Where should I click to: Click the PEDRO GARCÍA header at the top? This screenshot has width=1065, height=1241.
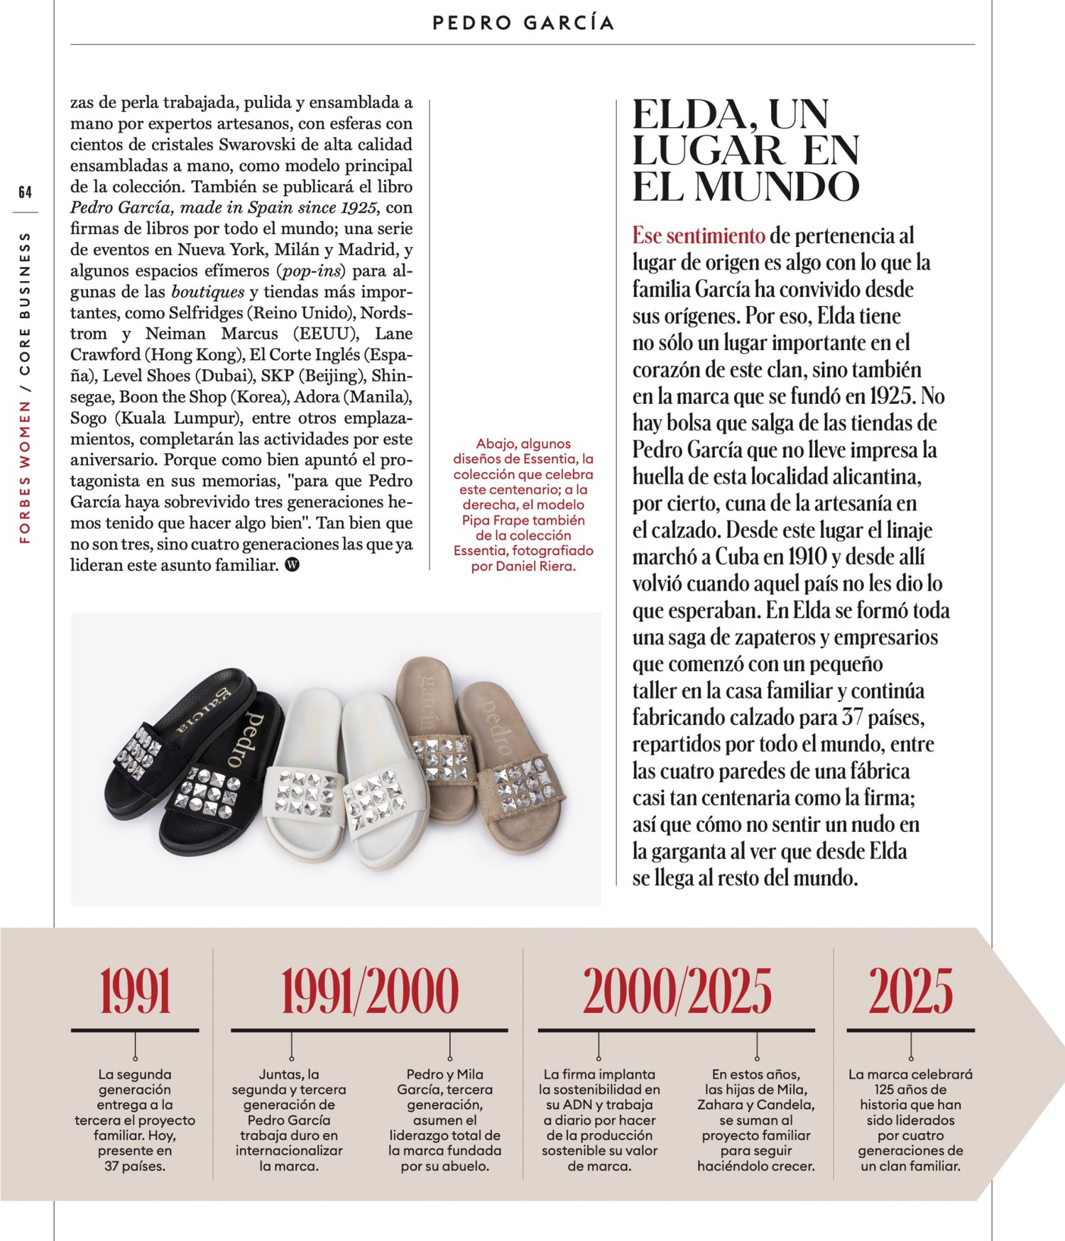523,23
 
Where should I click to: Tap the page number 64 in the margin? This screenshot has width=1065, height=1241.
26,192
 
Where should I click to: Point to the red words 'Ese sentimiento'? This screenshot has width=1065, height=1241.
699,235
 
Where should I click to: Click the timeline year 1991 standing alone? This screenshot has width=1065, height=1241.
135,991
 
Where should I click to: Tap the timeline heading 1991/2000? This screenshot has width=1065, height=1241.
369,991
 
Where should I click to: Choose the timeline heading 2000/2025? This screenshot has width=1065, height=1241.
677,991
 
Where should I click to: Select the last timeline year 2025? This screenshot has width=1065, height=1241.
910,991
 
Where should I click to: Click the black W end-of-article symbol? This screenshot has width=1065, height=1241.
292,565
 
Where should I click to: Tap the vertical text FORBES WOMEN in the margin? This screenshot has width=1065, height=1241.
26,471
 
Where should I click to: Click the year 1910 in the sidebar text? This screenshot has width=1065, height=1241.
807,557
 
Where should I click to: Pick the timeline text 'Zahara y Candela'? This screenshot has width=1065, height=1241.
755,1105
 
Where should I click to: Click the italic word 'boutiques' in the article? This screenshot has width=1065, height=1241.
208,292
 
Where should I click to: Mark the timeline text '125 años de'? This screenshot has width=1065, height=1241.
910,1090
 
